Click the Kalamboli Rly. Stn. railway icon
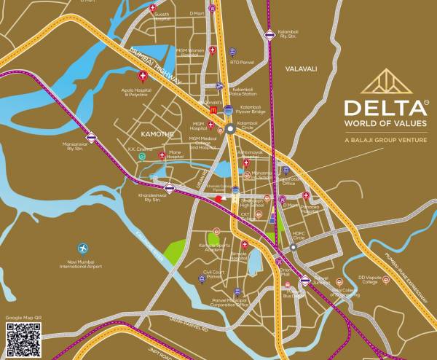[269, 34]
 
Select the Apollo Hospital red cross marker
[143, 75]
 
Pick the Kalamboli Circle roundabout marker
[230, 129]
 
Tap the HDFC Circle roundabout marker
[293, 247]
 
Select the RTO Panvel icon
[232, 52]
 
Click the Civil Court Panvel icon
[216, 267]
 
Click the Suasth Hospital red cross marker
[152, 9]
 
